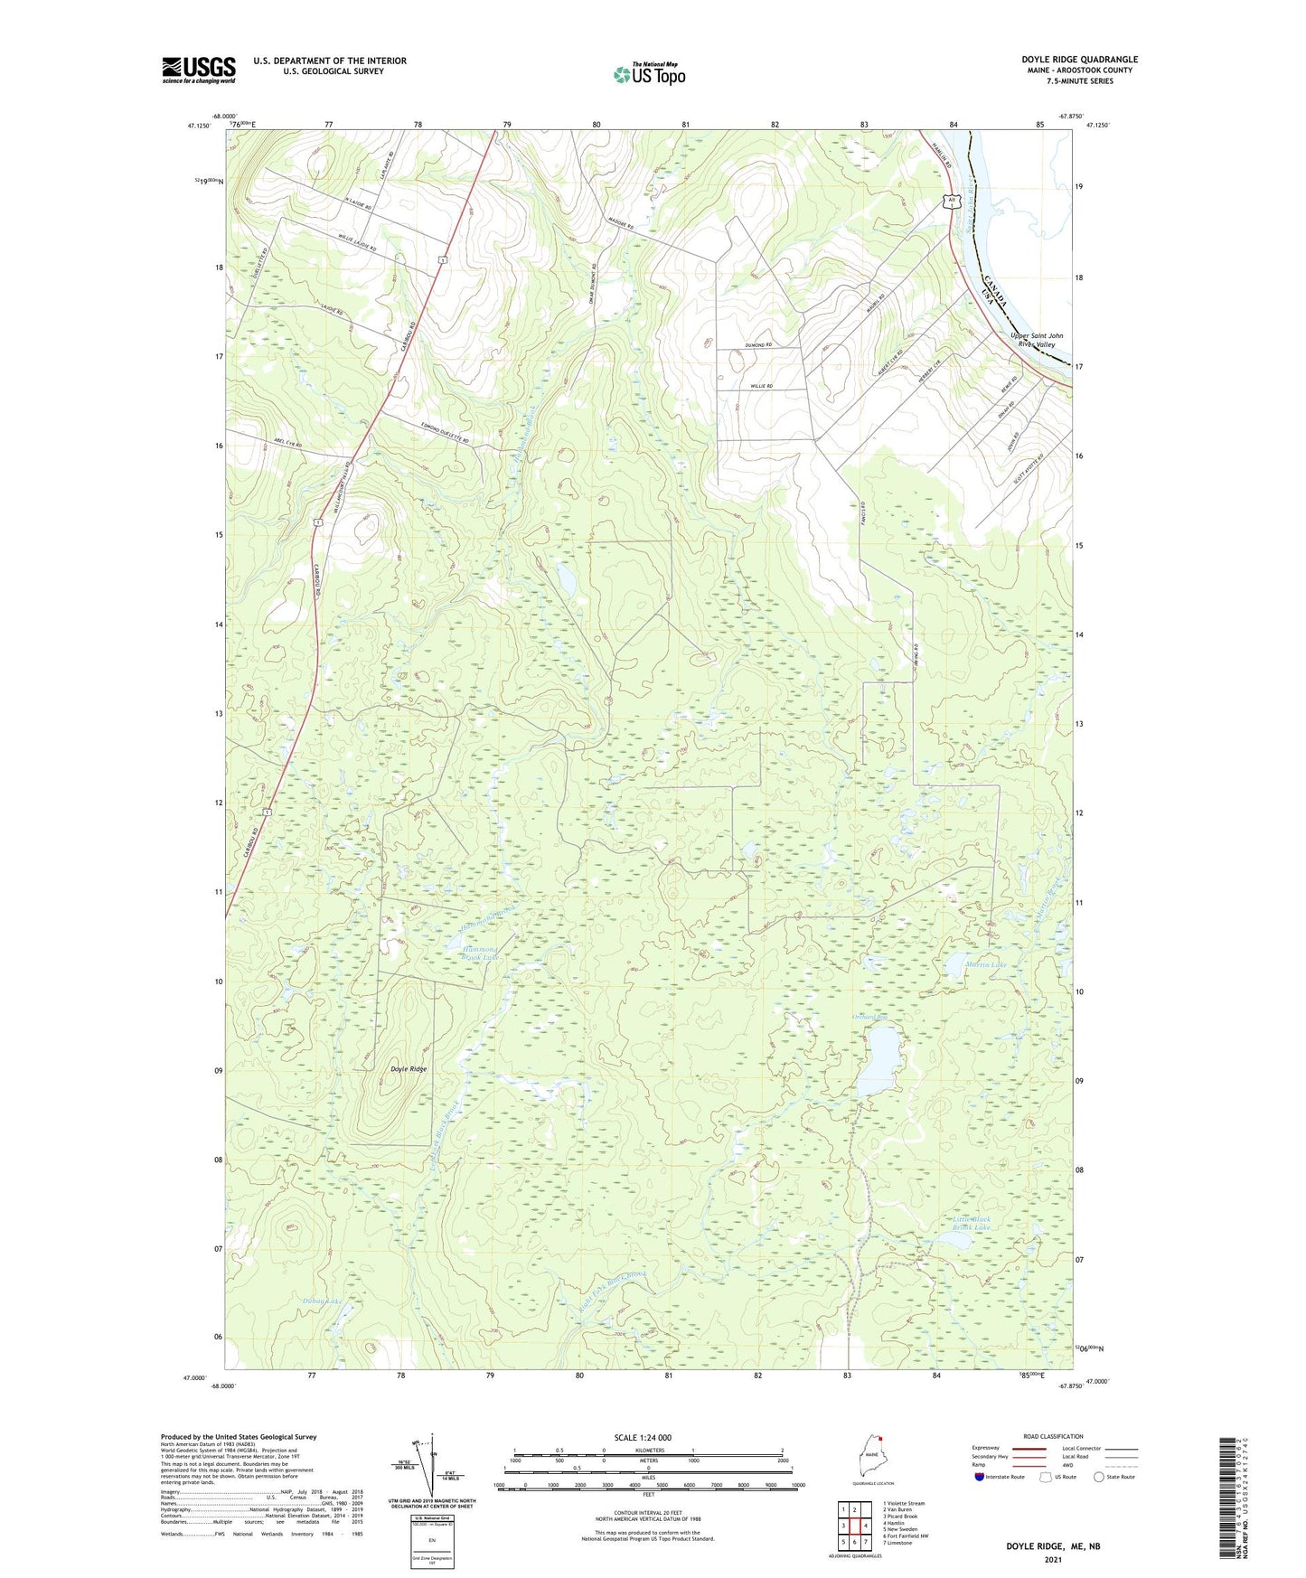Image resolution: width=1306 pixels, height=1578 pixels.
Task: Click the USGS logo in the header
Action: click(199, 70)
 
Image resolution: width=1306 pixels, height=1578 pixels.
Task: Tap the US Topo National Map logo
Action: click(649, 74)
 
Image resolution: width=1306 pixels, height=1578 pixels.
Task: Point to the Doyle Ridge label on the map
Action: click(409, 1069)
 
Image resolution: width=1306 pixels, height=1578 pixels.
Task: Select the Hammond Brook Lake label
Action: click(479, 954)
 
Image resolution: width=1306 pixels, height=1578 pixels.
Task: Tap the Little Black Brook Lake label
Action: click(971, 1224)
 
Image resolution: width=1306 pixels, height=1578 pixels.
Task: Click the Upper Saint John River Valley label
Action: click(1036, 340)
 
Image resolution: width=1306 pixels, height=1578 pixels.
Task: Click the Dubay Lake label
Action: click(323, 1302)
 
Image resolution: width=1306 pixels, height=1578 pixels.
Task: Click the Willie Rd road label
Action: click(762, 386)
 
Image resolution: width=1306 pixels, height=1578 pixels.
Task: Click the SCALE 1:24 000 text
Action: click(643, 1438)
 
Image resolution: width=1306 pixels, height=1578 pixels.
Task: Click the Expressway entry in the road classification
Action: click(986, 1448)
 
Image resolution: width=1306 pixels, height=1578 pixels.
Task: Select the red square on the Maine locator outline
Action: click(877, 1442)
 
